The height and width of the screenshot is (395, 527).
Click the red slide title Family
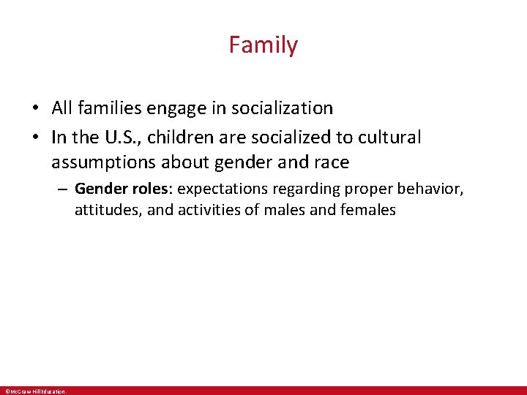pyautogui.click(x=263, y=45)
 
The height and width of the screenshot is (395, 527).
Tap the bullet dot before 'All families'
pyautogui.click(x=35, y=109)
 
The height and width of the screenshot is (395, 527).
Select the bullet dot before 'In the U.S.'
pyautogui.click(x=35, y=138)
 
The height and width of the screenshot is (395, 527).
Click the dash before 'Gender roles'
pyautogui.click(x=64, y=189)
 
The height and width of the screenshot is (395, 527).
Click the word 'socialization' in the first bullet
pyautogui.click(x=281, y=108)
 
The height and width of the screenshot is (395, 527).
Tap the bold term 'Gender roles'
pyautogui.click(x=122, y=189)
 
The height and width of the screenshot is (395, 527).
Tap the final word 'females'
pyautogui.click(x=370, y=211)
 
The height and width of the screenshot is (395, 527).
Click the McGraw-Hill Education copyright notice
pyautogui.click(x=35, y=391)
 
